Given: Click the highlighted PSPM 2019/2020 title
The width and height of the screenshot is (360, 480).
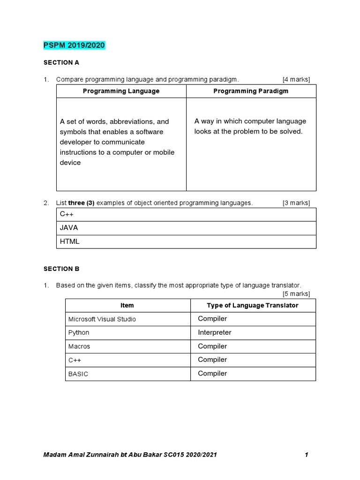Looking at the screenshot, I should [74, 45].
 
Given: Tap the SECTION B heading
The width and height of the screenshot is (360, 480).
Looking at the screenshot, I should [61, 269].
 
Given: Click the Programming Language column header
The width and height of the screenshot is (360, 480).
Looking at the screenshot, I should [121, 91].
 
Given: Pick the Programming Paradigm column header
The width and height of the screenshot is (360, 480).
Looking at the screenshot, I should [251, 91].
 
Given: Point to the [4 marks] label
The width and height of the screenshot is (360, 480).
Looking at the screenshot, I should [296, 79].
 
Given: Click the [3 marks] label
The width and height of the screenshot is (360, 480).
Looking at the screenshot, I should [296, 203].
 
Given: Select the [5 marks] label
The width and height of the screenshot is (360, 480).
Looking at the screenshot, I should [296, 294].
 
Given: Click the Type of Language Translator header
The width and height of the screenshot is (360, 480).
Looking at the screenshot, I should [253, 305].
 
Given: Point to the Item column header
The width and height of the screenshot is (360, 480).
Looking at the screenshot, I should [127, 305].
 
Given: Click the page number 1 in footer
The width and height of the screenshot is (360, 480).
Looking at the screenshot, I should [306, 455].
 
